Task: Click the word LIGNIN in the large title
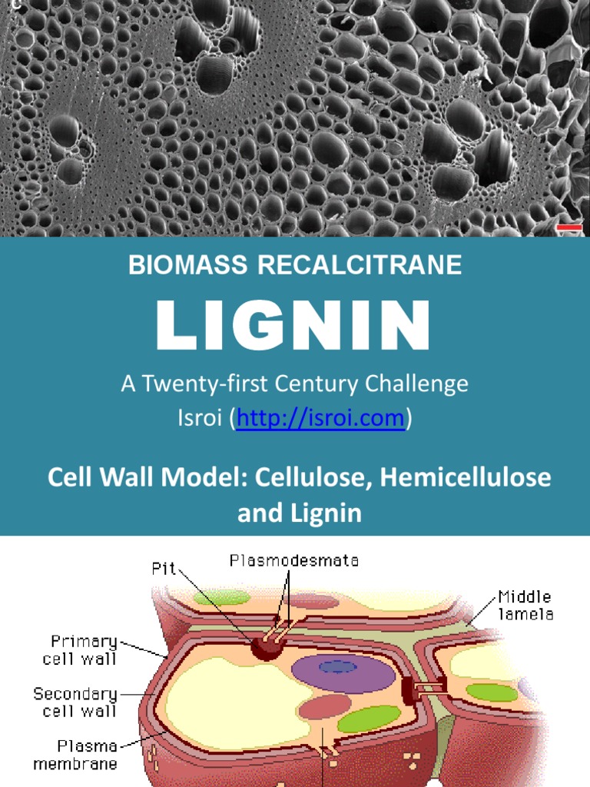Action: point(293,326)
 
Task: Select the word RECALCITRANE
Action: point(360,265)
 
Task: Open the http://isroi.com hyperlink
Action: point(320,418)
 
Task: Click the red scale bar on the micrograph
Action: point(568,227)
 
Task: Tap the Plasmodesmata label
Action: point(293,561)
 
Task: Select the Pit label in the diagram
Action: point(164,569)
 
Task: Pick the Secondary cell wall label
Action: point(75,702)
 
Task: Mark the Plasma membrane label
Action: point(76,754)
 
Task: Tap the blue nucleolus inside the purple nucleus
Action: point(338,666)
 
